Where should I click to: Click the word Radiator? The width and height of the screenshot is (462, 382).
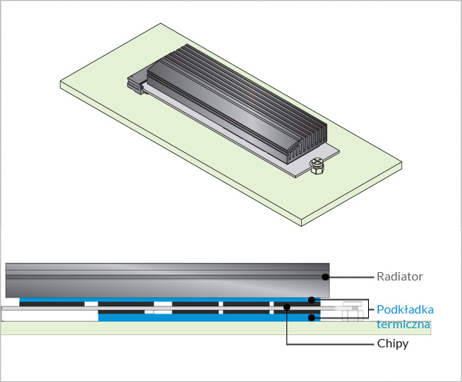[x=400, y=276]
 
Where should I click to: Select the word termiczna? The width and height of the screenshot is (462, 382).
[x=402, y=324]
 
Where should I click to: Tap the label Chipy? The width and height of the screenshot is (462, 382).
[x=393, y=344]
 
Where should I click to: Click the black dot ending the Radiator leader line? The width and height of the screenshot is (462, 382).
[x=326, y=276]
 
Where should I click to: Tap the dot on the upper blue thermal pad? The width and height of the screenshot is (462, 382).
[x=311, y=300]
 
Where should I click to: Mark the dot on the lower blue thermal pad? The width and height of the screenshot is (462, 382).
[x=311, y=317]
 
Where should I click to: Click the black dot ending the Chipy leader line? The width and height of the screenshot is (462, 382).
[x=286, y=308]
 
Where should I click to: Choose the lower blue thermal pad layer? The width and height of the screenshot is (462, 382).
[x=192, y=317]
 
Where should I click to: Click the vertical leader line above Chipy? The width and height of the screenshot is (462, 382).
[x=286, y=327]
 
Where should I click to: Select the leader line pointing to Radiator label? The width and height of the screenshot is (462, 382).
[x=350, y=276]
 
